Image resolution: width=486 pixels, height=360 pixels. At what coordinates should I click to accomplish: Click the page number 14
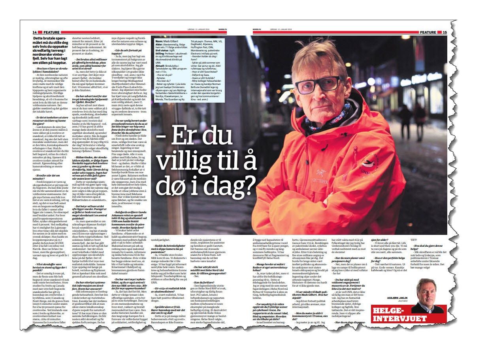(35, 32)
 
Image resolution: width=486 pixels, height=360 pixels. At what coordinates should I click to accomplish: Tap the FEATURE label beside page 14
(51, 32)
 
